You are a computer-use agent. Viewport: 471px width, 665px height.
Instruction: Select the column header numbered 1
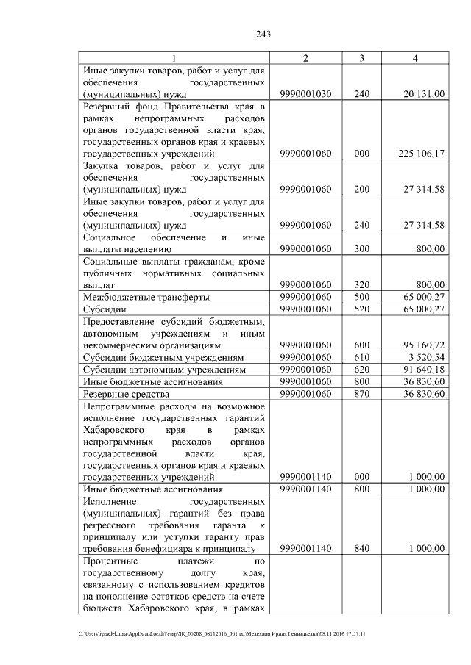174,59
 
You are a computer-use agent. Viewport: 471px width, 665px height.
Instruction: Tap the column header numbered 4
416,59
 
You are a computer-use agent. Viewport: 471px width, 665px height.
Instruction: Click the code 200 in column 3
361,190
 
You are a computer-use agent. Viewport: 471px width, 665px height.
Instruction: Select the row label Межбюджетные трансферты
146,297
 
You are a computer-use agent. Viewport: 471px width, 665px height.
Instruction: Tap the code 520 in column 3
361,309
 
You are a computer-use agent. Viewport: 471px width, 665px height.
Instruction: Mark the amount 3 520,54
425,357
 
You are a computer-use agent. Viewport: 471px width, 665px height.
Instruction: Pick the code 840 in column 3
361,548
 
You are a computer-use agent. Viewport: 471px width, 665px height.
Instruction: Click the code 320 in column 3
361,284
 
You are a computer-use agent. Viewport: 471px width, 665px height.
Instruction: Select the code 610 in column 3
361,357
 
